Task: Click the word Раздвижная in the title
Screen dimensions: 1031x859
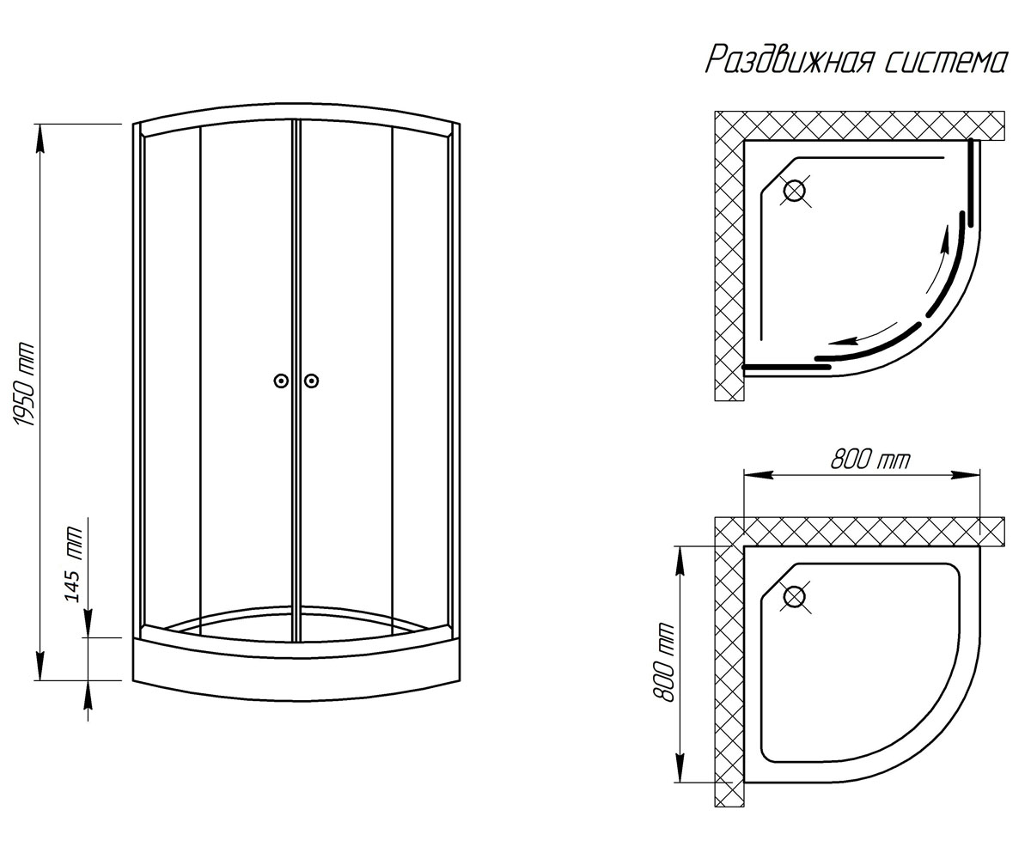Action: coord(789,61)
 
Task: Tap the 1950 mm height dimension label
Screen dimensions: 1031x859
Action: coord(25,385)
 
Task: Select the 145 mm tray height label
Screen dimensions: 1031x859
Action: coord(73,564)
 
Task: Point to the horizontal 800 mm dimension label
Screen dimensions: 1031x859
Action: coord(869,460)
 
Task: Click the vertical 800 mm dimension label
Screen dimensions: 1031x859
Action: coord(663,661)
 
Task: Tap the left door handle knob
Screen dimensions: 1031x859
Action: coord(281,381)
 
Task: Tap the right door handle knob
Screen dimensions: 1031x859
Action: coord(311,381)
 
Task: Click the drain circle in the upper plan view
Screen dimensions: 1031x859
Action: coord(795,191)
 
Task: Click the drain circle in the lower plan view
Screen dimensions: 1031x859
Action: coord(795,597)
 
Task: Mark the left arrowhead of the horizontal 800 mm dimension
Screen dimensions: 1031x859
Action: coord(758,475)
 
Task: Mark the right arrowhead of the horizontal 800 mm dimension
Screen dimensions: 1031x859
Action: coord(965,475)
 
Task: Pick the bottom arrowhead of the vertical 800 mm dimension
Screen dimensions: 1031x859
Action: coord(680,768)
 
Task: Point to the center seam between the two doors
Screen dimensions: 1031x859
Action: coord(296,381)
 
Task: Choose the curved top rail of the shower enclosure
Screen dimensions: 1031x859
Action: coord(296,113)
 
